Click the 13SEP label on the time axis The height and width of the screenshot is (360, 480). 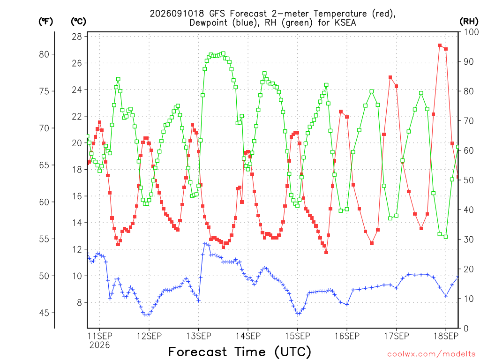pyautogui.click(x=198, y=336)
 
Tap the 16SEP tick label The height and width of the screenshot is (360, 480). pyautogui.click(x=347, y=336)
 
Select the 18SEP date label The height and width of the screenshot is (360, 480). pyautogui.click(x=446, y=336)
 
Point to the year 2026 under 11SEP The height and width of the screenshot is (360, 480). pyautogui.click(x=99, y=345)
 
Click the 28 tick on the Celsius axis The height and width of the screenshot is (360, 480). pyautogui.click(x=77, y=37)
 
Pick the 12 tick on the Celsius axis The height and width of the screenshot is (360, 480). pyautogui.click(x=77, y=249)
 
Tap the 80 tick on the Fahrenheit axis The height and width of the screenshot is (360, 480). pyautogui.click(x=44, y=54)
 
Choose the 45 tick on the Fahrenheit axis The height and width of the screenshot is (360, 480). pyautogui.click(x=44, y=313)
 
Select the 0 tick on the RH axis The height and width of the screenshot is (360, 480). pyautogui.click(x=466, y=329)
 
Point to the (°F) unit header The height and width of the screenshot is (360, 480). pyautogui.click(x=45, y=22)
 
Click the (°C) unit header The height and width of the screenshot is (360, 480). pyautogui.click(x=78, y=22)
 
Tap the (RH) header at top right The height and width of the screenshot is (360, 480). pyautogui.click(x=469, y=22)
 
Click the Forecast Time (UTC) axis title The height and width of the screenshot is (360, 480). pyautogui.click(x=240, y=352)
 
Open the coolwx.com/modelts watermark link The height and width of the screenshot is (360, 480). pyautogui.click(x=431, y=354)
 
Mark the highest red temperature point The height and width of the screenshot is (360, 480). pyautogui.click(x=440, y=45)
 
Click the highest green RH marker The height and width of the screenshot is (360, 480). pyautogui.click(x=223, y=53)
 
